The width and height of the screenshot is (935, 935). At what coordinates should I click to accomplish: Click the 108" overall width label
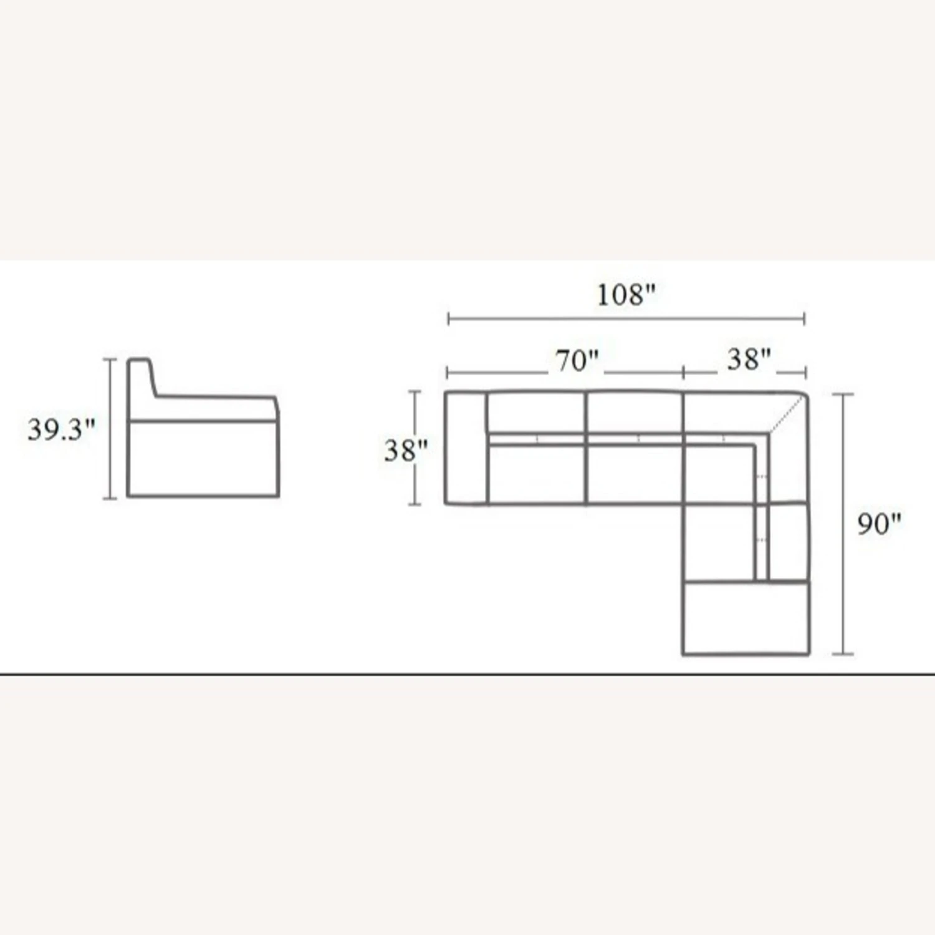pos(626,294)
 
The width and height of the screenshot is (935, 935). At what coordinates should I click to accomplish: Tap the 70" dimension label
pos(577,361)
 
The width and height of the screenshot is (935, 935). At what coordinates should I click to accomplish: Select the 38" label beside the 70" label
pos(749,359)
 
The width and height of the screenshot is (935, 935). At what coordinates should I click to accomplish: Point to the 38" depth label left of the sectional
pos(406,451)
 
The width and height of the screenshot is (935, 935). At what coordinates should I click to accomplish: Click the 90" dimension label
pos(879,524)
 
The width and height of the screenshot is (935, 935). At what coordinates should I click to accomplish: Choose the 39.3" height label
pos(61,429)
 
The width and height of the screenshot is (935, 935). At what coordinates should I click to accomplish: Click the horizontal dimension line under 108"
pos(626,319)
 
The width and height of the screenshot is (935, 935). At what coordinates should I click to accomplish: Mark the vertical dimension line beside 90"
pos(843,524)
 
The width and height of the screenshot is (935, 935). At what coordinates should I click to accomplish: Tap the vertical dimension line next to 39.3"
pos(110,429)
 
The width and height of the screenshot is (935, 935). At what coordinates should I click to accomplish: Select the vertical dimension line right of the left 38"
pos(415,448)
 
